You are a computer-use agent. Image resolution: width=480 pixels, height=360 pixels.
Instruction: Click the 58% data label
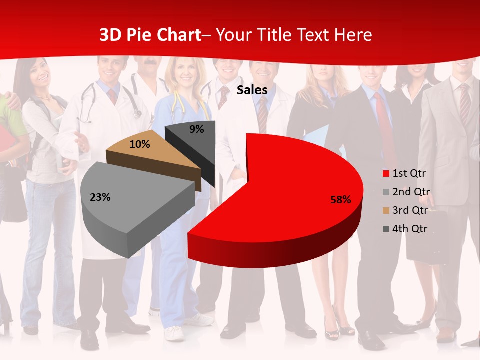[341, 200]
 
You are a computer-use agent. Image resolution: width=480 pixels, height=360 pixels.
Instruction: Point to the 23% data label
[100, 197]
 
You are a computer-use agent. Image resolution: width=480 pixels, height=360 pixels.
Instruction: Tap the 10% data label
[139, 144]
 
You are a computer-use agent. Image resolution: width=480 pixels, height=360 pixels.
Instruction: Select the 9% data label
[197, 129]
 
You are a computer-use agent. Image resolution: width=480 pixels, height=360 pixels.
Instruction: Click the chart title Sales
[252, 90]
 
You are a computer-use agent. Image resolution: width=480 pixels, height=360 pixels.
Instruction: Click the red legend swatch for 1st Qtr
[386, 174]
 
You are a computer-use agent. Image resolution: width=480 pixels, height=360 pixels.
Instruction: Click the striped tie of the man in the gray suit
[464, 105]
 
